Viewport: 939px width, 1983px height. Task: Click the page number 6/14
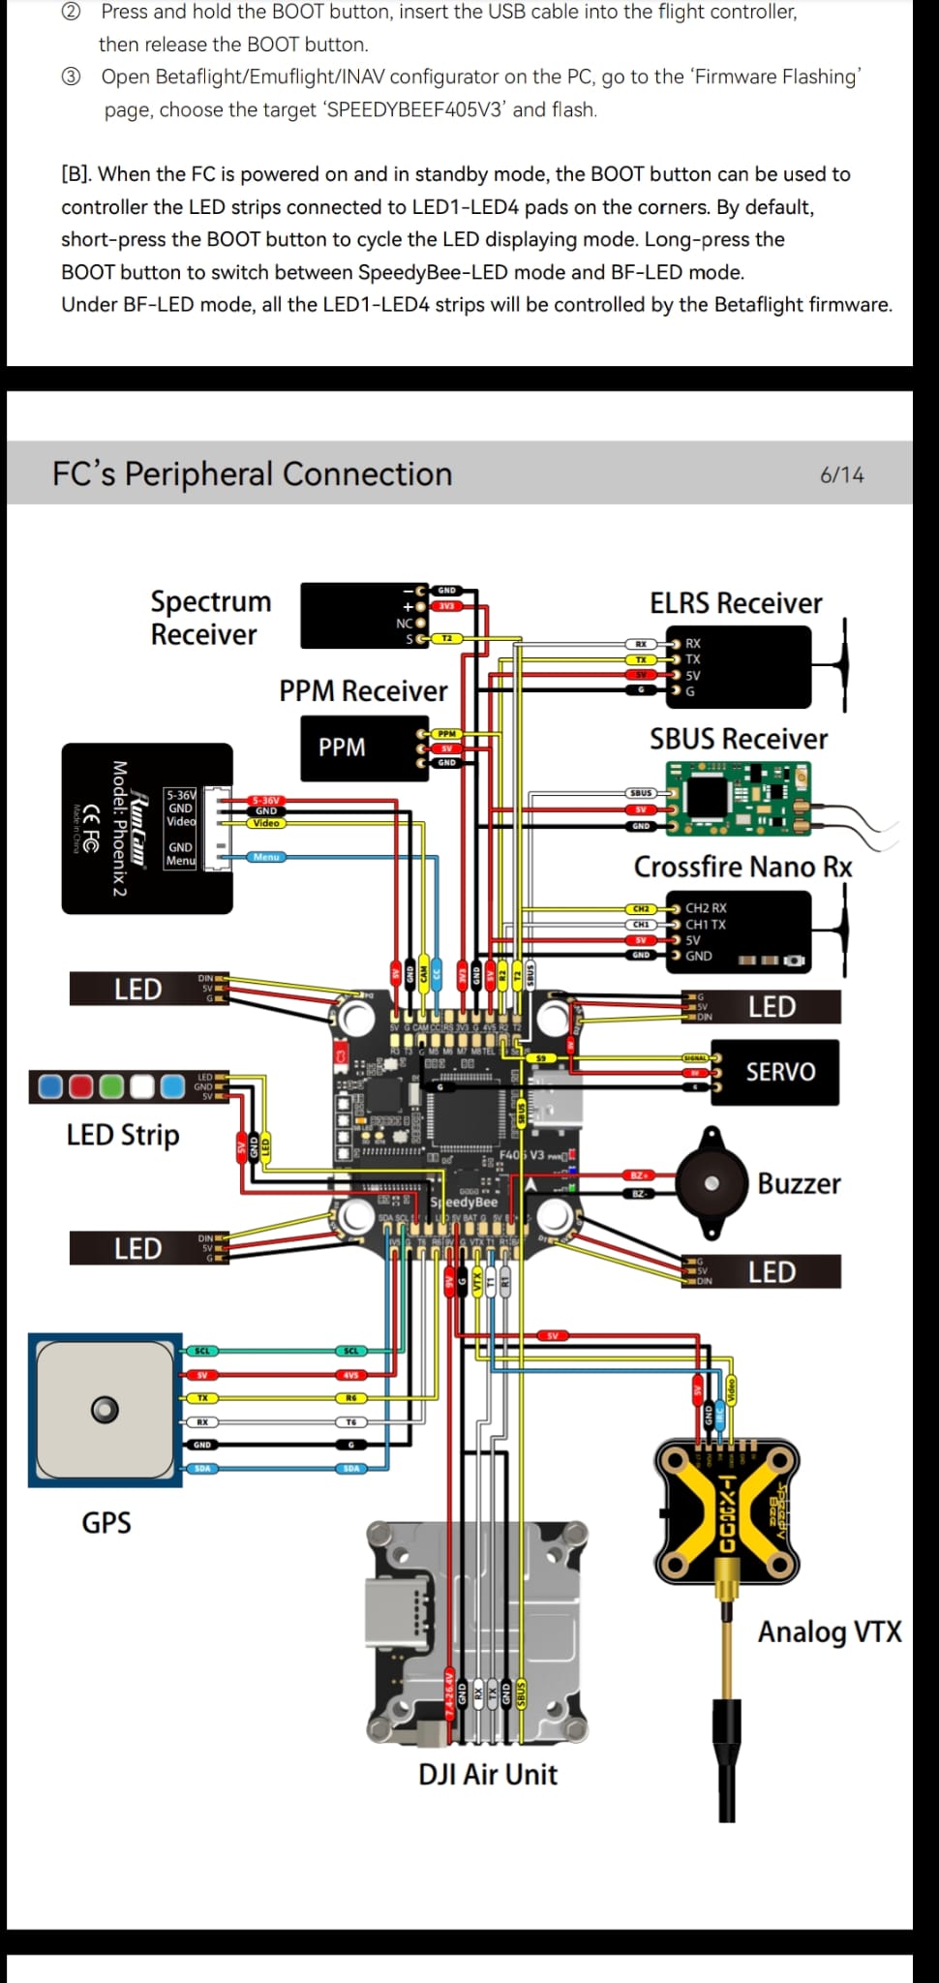tap(841, 474)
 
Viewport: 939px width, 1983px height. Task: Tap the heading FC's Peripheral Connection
tap(252, 473)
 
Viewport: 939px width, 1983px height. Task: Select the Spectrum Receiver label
tap(210, 618)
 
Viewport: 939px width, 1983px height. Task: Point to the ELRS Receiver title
tap(735, 603)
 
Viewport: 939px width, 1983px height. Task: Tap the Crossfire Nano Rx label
tap(742, 867)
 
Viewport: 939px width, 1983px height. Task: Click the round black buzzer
tap(712, 1182)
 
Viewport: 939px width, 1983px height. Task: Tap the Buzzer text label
tap(799, 1183)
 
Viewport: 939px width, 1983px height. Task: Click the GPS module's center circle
tap(105, 1409)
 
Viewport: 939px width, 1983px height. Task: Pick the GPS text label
tap(106, 1522)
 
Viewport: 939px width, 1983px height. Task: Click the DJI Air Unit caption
tap(487, 1774)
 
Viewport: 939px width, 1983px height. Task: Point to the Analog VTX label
tap(829, 1632)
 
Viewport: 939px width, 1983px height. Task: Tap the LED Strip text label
tap(123, 1134)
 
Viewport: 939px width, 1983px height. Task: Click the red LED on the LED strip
tap(81, 1086)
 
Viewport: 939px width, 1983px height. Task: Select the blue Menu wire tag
tap(265, 857)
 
